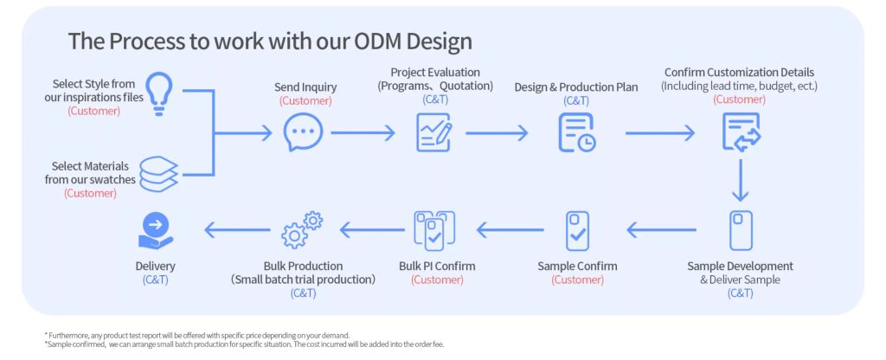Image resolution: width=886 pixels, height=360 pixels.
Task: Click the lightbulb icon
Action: coord(159,93)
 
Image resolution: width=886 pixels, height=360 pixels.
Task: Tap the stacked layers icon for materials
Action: coord(158,173)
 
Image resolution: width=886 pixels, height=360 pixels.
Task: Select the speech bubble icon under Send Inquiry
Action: coord(303,132)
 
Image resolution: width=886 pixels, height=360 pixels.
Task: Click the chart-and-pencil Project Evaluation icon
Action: coord(434,132)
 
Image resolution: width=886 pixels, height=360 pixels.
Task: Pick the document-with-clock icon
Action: coord(576,132)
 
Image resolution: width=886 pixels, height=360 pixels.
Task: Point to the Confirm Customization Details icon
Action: coord(741,132)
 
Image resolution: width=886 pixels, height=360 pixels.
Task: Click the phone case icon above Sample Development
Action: coord(741,230)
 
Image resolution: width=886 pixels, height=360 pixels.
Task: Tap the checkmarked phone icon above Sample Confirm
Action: coord(577,230)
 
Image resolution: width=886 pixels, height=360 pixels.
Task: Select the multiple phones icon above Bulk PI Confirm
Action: coord(434,230)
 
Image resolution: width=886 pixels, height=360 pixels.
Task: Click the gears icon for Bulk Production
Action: coord(302,230)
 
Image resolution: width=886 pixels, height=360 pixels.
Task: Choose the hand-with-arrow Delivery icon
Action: coord(156,230)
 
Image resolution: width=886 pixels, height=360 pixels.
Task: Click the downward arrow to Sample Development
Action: coord(740,180)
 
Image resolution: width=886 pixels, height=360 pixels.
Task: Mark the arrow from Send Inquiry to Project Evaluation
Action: coord(363,132)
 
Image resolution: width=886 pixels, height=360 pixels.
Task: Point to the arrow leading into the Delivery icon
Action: coord(237,230)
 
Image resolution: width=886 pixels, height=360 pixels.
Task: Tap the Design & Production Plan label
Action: coord(575,87)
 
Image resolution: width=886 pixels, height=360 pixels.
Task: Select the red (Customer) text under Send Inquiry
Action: coord(305,101)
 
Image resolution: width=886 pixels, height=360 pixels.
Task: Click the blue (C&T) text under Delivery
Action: coord(156,280)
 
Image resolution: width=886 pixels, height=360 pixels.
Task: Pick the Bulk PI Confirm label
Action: coord(437,266)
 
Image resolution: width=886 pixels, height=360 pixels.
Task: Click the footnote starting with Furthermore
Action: coord(196,335)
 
